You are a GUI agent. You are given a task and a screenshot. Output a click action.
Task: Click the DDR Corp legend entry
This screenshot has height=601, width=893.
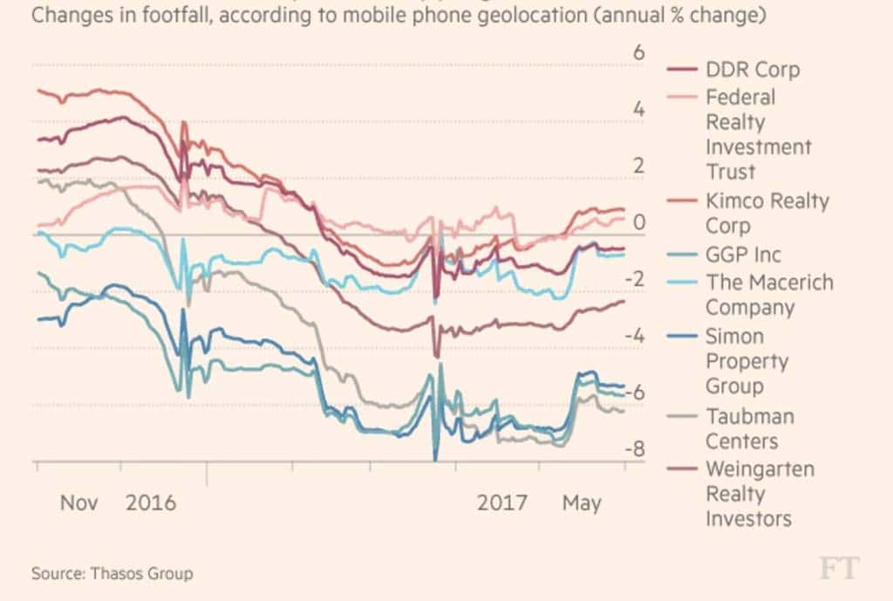(752, 70)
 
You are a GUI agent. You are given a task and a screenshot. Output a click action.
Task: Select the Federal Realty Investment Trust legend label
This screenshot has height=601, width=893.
(758, 133)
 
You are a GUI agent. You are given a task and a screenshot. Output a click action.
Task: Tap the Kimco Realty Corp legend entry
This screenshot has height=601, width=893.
(767, 213)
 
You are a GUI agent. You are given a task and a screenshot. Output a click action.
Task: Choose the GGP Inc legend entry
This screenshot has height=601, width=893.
(743, 255)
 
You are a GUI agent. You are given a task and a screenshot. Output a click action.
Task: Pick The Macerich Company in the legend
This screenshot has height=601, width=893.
(768, 295)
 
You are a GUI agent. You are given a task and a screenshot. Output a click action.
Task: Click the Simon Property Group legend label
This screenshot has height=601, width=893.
(746, 361)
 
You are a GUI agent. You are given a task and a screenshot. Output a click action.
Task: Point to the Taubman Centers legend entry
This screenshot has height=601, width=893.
(747, 428)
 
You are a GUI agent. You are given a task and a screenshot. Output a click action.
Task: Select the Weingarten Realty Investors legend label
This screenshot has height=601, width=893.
(759, 494)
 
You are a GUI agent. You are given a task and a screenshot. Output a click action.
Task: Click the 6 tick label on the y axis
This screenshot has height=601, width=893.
(638, 52)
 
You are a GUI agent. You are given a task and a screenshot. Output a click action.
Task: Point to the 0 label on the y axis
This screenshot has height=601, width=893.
(639, 223)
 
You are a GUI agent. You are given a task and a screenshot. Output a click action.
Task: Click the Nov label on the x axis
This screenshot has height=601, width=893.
(79, 503)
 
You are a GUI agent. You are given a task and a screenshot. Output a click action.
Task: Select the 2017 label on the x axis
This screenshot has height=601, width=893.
(502, 503)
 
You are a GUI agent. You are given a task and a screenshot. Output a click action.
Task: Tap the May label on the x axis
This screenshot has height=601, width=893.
(581, 503)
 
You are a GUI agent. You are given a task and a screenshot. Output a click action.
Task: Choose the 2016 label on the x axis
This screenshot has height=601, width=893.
(151, 503)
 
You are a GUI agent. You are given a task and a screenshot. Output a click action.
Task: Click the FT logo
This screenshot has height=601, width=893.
(838, 569)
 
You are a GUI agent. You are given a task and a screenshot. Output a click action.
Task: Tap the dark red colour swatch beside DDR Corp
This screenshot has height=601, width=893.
(680, 71)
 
